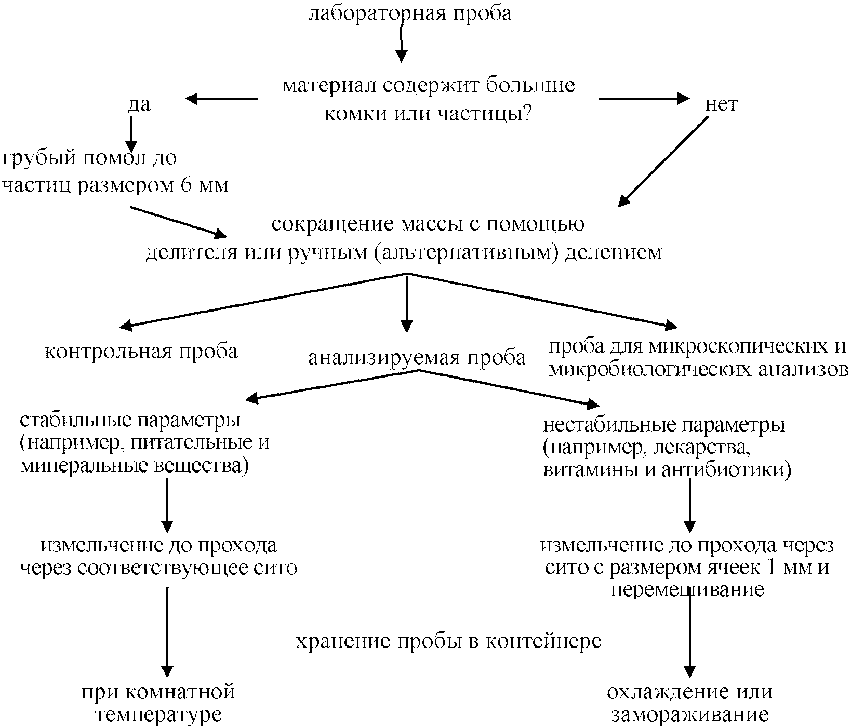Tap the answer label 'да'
pyautogui.click(x=139, y=104)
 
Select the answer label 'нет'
pyautogui.click(x=722, y=104)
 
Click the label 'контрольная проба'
pyautogui.click(x=141, y=352)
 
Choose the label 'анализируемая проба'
pyautogui.click(x=417, y=358)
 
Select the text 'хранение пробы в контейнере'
pyautogui.click(x=448, y=641)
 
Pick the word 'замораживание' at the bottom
pyautogui.click(x=689, y=714)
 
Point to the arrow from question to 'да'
pyautogui.click(x=222, y=99)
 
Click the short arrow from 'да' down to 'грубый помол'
pyautogui.click(x=131, y=132)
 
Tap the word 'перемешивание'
pyautogui.click(x=687, y=590)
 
